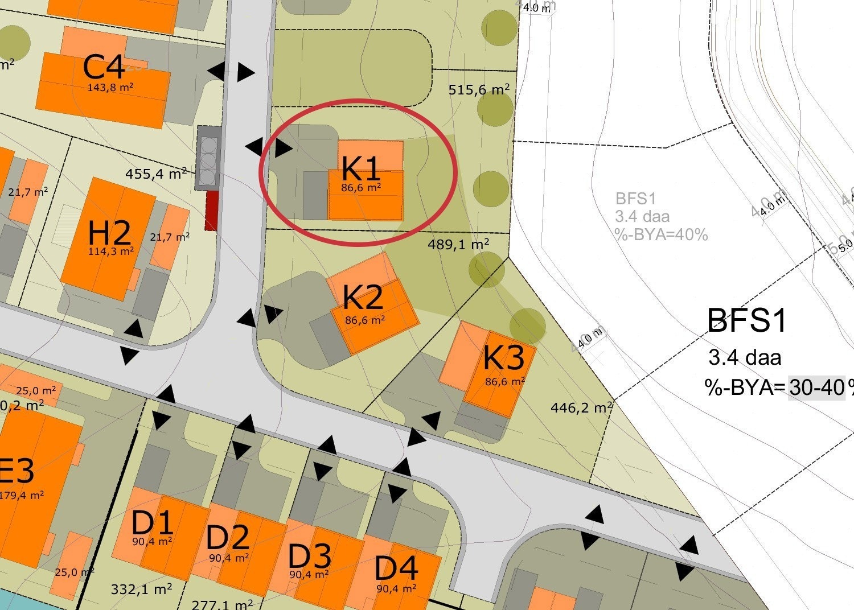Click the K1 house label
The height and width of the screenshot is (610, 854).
point(360,168)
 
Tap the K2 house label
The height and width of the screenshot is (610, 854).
point(363,297)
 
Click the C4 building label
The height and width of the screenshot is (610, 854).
point(104,68)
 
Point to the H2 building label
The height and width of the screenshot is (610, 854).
point(110,233)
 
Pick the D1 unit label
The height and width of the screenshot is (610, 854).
point(152,522)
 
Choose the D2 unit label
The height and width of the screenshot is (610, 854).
point(228,538)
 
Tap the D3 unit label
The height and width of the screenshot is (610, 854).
point(309,556)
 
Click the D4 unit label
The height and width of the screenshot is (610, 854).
point(396,568)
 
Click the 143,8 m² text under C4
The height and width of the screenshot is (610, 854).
point(110,88)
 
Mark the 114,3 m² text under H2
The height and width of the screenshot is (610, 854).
point(111,251)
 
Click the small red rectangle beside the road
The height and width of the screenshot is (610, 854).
point(212,211)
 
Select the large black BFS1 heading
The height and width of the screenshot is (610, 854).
point(746,320)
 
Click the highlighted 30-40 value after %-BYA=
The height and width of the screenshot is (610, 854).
point(816,388)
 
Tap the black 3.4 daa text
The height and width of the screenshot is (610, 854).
point(745,358)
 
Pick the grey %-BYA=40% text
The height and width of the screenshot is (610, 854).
point(660,234)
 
